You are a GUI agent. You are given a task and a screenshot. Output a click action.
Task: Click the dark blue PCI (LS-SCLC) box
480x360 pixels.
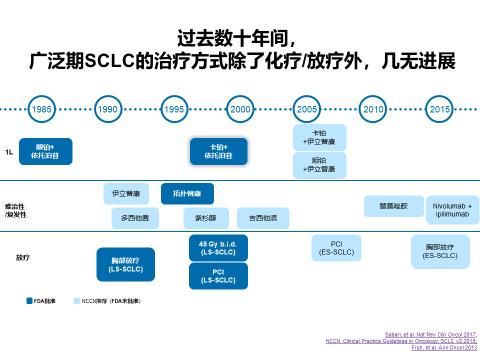point(217,275)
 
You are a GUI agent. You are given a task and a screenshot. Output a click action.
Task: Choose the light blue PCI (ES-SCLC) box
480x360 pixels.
point(332,247)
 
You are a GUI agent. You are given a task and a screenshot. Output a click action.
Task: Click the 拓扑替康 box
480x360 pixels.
point(187,189)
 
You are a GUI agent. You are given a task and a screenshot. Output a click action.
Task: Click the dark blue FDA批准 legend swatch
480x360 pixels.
point(30,299)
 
